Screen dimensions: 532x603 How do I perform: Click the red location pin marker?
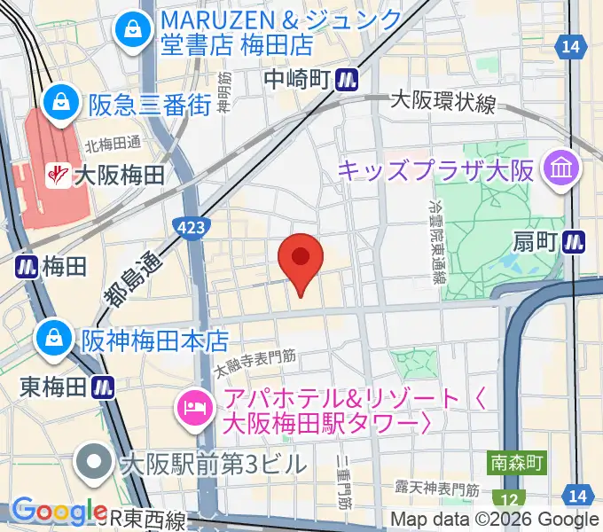click(301, 260)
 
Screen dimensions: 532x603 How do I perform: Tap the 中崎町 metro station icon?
click(347, 80)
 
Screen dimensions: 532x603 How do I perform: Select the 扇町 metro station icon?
click(576, 239)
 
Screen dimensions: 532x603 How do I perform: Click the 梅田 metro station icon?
click(26, 264)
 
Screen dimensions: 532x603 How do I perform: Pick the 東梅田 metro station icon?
click(104, 387)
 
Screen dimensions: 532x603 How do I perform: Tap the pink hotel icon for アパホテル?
click(192, 409)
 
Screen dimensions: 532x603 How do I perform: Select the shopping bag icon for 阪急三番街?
click(64, 102)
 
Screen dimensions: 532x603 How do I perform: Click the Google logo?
click(59, 512)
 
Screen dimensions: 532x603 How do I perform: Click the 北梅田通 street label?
click(114, 143)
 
